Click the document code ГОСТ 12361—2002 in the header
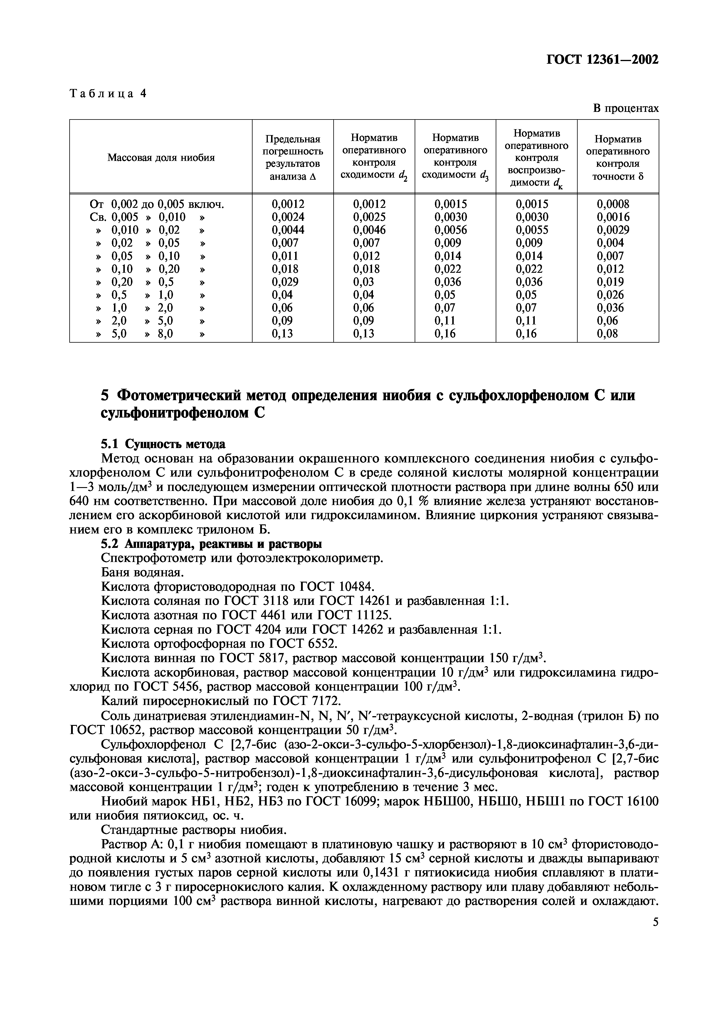[x=602, y=59]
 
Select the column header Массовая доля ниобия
[x=161, y=157]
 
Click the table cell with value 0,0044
[x=288, y=230]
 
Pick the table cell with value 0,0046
[x=369, y=230]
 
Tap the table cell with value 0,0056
[x=450, y=230]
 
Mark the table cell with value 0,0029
[x=613, y=230]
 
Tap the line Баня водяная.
[x=143, y=573]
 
